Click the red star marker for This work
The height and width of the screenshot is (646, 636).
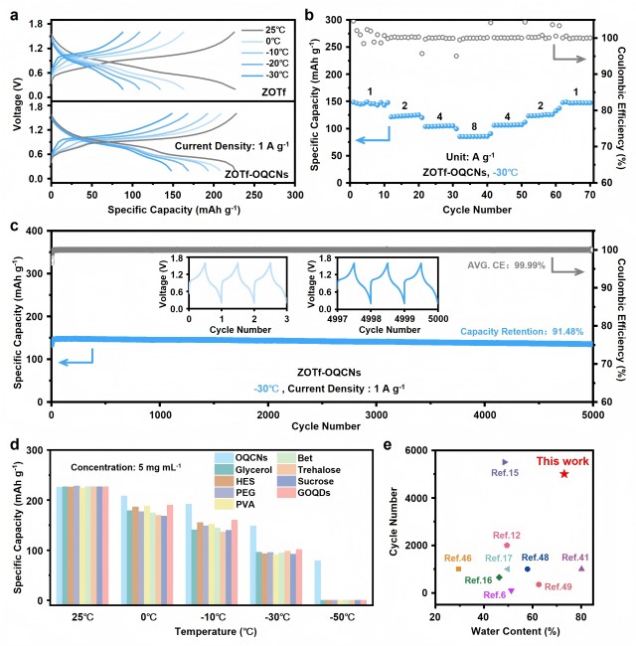pyautogui.click(x=563, y=474)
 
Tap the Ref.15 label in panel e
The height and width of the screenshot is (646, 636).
pyautogui.click(x=505, y=473)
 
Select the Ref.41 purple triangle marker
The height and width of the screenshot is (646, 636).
pyautogui.click(x=581, y=568)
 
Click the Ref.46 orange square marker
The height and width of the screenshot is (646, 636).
pyautogui.click(x=458, y=568)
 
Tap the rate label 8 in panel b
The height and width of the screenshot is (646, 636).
pyautogui.click(x=460, y=126)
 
